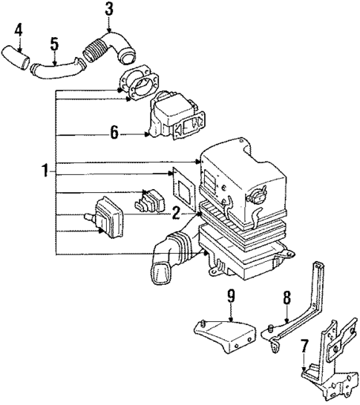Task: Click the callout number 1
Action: pos(45,172)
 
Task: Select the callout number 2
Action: pos(176,214)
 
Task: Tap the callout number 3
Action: pos(109,10)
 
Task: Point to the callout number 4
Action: pos(19,31)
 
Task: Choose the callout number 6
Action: pos(113,134)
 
